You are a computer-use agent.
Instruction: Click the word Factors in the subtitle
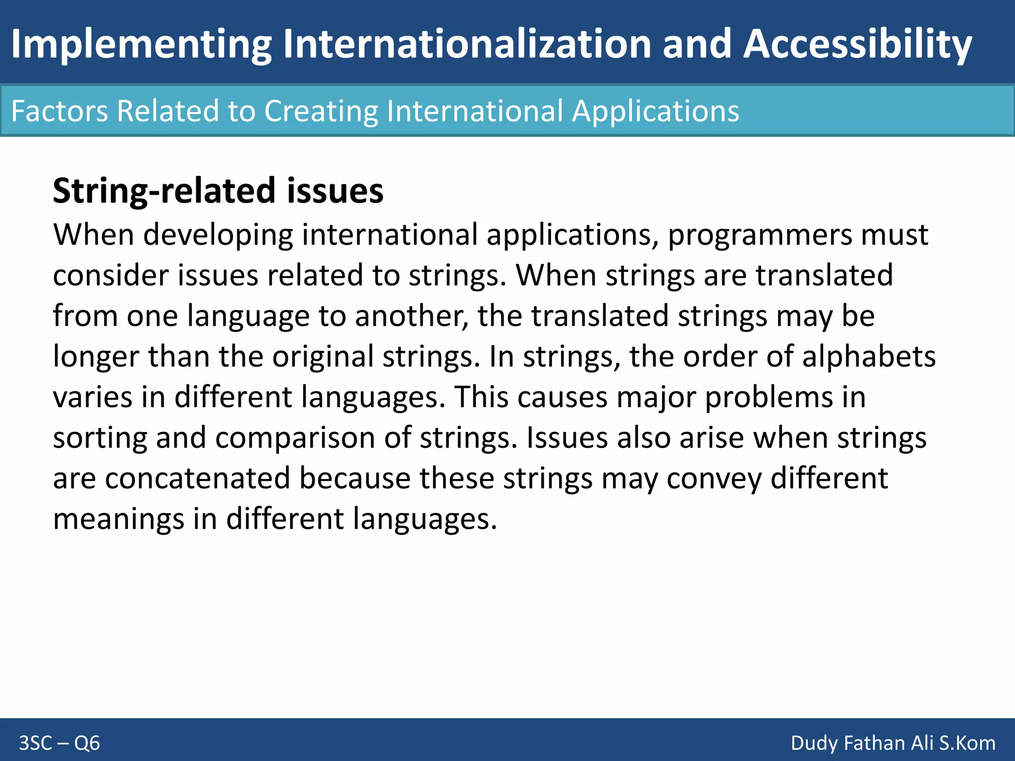59,110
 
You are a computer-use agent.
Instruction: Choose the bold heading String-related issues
218,191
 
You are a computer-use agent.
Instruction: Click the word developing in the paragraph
218,235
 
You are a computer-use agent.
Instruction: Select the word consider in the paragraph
111,275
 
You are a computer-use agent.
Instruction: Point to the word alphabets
869,357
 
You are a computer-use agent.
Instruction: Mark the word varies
93,397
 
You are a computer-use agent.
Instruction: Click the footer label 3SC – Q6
59,743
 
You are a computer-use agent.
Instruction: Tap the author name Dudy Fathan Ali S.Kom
893,743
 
